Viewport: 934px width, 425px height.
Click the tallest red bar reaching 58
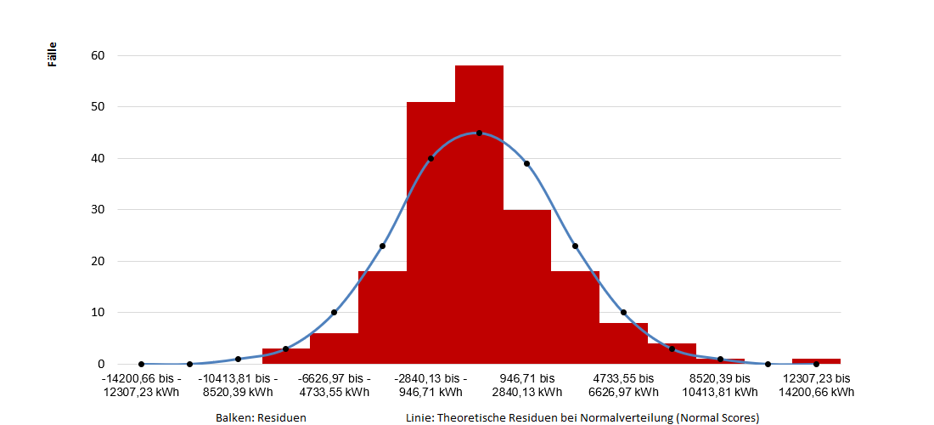tap(479, 212)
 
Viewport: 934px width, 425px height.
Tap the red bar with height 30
tap(527, 289)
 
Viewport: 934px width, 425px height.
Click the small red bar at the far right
tap(816, 361)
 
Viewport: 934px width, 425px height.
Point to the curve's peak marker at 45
tap(479, 133)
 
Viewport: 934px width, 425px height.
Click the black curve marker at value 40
tap(430, 158)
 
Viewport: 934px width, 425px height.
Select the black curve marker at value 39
tap(526, 163)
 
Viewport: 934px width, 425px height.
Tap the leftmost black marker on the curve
tap(141, 364)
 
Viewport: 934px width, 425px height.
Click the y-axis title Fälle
tap(53, 56)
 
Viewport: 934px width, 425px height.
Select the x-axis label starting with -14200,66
tap(141, 385)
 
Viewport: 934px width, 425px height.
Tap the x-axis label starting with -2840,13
tap(430, 385)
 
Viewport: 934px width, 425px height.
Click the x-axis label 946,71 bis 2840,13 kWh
tap(526, 385)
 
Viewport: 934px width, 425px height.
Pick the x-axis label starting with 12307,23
tap(816, 385)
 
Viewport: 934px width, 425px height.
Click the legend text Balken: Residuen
tap(261, 417)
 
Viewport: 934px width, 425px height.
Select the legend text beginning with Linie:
tap(582, 417)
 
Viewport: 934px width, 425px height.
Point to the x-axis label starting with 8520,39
tap(720, 385)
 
